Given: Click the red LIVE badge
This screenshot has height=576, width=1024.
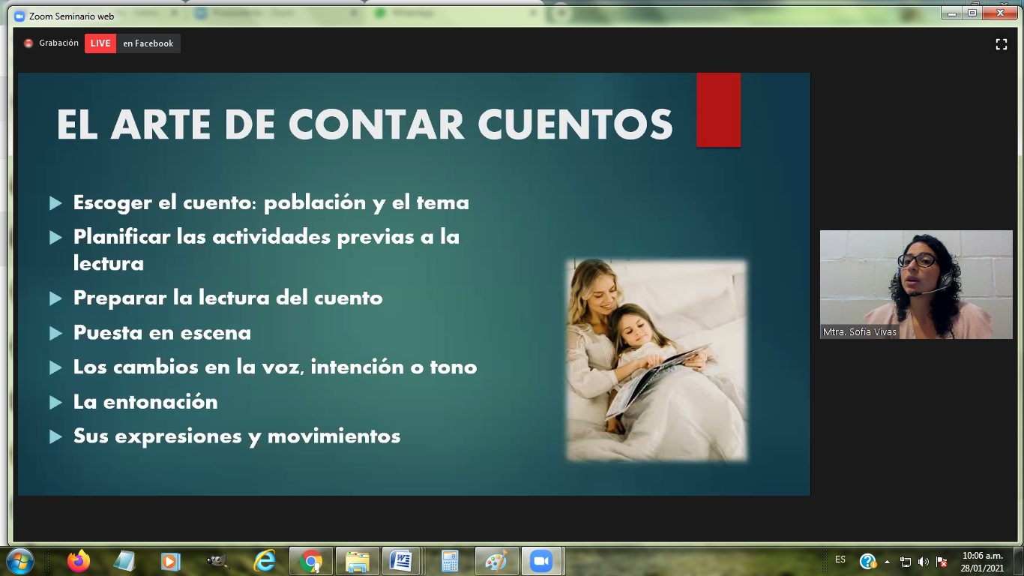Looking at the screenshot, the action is tap(100, 43).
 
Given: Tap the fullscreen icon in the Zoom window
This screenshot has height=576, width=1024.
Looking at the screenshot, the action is tap(1002, 44).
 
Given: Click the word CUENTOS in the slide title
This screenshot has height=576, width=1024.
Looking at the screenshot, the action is tap(575, 124).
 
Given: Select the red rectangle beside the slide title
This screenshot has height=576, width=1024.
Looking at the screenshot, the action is tap(719, 109).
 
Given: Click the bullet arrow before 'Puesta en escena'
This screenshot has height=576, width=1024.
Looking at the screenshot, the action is tap(55, 333).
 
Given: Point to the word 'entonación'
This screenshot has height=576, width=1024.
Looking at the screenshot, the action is tap(160, 402).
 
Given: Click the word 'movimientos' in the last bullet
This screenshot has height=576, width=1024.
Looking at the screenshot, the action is tap(334, 436).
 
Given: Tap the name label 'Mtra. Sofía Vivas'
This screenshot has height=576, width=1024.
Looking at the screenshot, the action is tap(859, 332).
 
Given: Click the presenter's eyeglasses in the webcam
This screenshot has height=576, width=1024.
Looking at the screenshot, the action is tap(917, 261).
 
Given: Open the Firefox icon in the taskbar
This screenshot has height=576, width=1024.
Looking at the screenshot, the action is tap(79, 561).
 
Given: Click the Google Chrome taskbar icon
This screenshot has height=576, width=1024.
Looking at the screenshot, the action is tap(311, 561).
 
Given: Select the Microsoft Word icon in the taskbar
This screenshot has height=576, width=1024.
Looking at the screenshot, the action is tap(401, 561).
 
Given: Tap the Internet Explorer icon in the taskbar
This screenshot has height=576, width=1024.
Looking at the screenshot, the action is tap(265, 561).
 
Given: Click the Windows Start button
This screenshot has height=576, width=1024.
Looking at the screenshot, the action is tap(20, 561).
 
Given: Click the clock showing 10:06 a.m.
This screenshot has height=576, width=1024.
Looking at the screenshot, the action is tap(983, 556).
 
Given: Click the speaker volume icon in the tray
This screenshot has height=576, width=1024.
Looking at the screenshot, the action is tap(923, 561).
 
